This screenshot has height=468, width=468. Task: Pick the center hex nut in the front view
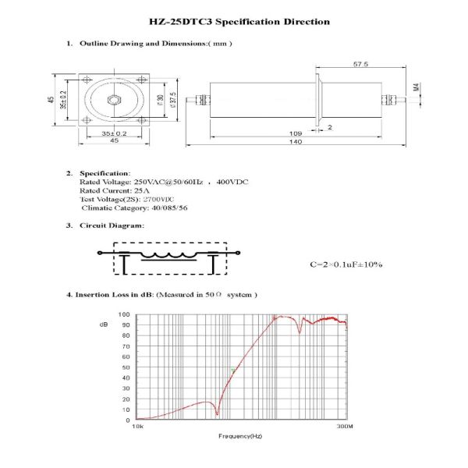click(x=112, y=100)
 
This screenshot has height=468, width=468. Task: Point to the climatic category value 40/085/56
click(x=168, y=207)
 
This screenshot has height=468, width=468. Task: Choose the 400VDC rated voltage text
click(x=232, y=182)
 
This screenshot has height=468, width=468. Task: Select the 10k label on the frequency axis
click(x=137, y=427)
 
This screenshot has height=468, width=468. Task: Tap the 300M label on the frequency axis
click(x=345, y=427)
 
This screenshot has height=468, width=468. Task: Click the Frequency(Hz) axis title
click(x=240, y=436)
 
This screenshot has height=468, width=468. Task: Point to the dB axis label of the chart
click(x=104, y=323)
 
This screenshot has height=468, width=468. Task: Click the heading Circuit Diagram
click(x=112, y=225)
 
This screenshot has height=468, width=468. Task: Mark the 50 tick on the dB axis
click(x=126, y=367)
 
